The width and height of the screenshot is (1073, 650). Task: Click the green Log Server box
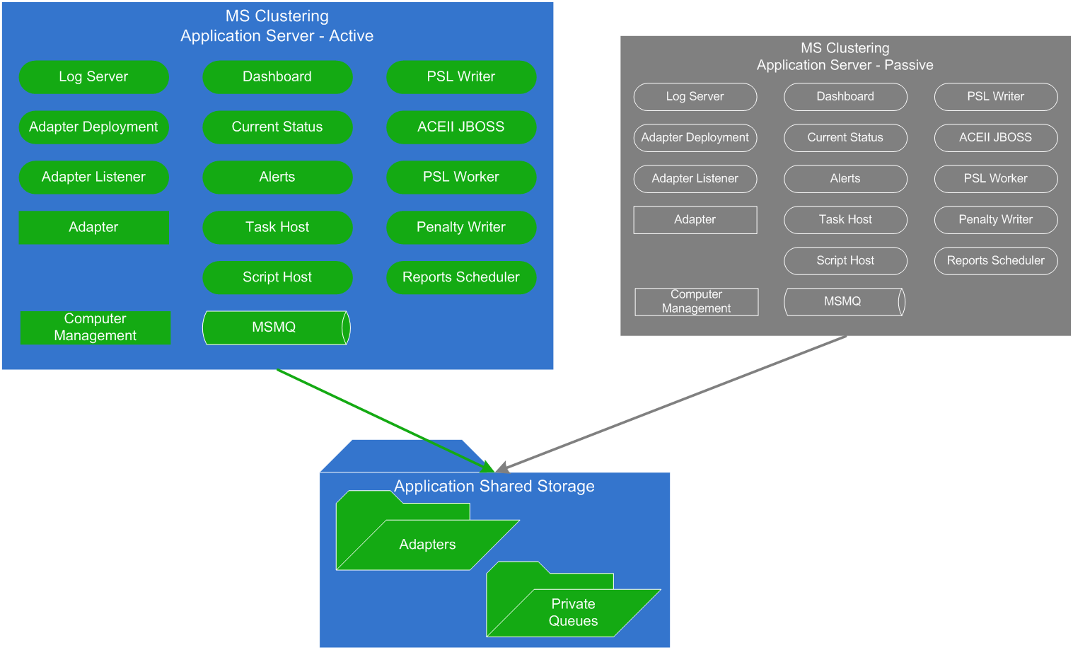point(93,77)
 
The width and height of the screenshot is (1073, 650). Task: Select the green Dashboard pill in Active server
point(277,77)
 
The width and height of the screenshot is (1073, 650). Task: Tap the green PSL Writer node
point(461,77)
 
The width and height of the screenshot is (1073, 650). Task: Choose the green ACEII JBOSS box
point(461,127)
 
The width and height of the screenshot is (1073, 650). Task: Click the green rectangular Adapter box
point(93,228)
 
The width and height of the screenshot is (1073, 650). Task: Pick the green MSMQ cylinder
point(274,327)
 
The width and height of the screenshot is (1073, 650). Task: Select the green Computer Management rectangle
point(95,327)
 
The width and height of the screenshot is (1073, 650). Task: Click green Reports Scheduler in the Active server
point(461,277)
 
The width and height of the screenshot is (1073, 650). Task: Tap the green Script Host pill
point(277,277)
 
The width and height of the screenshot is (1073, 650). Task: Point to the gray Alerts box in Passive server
point(845,179)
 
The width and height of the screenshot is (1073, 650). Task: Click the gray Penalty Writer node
point(995,220)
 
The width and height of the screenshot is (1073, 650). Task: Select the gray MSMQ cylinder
point(843,301)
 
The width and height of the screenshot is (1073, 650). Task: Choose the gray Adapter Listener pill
point(695,179)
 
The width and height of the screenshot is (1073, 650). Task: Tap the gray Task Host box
point(845,220)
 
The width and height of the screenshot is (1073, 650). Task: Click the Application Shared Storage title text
point(494,487)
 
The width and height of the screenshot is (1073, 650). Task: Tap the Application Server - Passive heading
point(845,65)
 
